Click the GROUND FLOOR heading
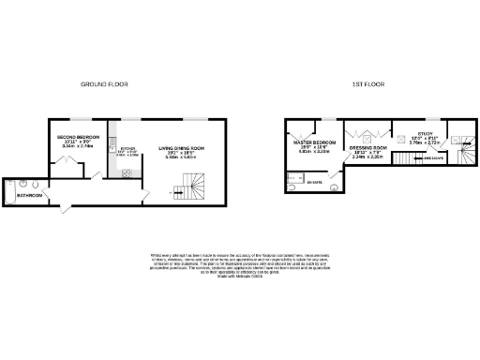pos(103,83)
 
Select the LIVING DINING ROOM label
pos(180,148)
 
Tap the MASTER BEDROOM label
pos(309,142)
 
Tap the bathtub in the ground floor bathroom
pos(10,190)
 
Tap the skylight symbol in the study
pos(402,139)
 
